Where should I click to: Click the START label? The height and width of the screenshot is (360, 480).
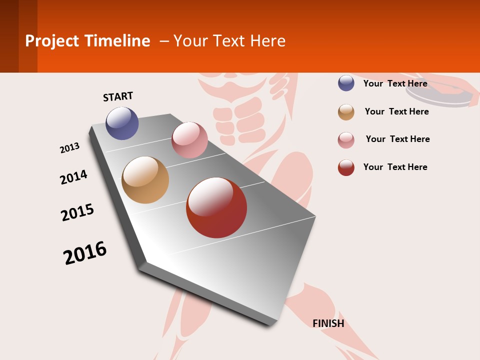click(x=118, y=96)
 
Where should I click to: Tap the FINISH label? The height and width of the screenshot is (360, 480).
click(x=328, y=323)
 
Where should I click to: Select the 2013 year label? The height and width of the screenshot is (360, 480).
click(x=69, y=148)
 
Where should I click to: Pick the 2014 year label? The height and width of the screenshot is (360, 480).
click(x=73, y=177)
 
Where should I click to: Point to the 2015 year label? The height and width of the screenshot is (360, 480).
click(x=77, y=212)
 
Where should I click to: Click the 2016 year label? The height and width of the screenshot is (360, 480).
click(x=85, y=253)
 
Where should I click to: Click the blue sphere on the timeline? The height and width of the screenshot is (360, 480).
click(x=122, y=123)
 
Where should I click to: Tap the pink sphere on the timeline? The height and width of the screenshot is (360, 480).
click(x=189, y=140)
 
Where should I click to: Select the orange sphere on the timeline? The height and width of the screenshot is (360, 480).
click(x=145, y=180)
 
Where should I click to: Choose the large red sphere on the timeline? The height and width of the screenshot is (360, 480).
click(x=216, y=207)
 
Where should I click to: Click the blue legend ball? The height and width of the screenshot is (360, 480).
click(x=346, y=83)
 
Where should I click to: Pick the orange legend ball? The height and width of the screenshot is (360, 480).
click(x=346, y=112)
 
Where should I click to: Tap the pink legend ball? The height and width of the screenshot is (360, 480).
click(x=346, y=140)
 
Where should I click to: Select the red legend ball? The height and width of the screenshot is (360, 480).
click(x=346, y=167)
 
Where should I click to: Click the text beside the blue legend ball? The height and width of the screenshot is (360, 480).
click(x=395, y=83)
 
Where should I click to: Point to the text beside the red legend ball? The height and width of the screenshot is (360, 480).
click(x=395, y=167)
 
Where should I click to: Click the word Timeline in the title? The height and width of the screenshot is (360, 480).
click(x=117, y=41)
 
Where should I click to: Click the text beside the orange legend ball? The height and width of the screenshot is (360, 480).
click(x=396, y=111)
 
